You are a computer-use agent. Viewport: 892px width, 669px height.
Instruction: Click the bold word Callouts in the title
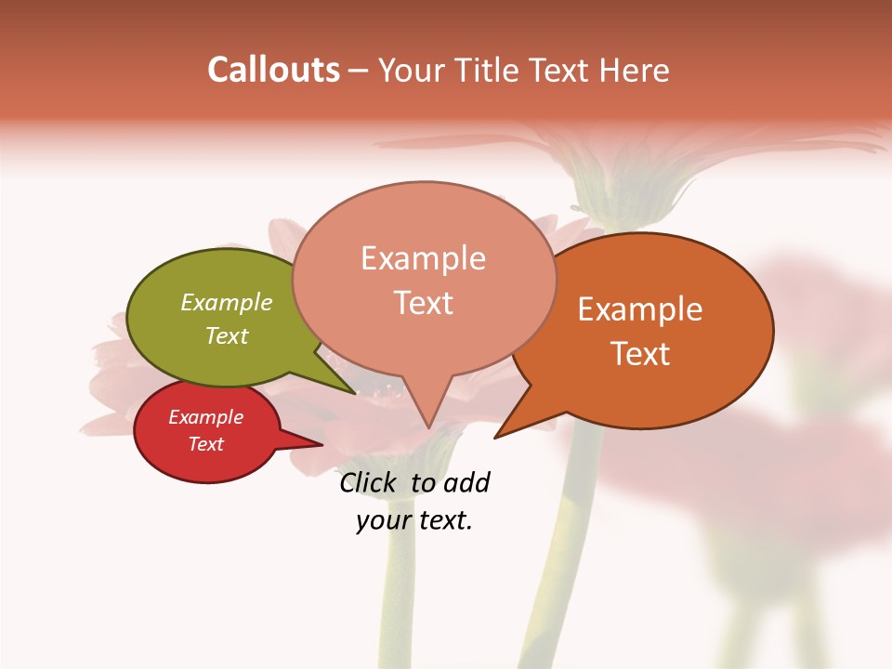273,70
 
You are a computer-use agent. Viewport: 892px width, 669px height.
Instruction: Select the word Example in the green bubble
227,302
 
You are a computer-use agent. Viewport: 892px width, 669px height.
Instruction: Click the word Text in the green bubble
227,335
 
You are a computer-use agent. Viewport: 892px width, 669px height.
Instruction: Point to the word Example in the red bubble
205,417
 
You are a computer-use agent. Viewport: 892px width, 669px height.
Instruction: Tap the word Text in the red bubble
205,444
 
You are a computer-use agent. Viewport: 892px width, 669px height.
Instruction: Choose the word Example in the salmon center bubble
423,258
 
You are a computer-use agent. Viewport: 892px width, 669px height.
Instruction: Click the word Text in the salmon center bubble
423,302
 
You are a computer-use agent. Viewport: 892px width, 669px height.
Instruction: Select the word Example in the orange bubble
640,309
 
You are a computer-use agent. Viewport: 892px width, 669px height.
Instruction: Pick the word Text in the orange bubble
640,353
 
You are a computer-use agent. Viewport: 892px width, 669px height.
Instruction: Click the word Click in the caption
371,482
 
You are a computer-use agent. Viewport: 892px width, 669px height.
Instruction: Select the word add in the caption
467,482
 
